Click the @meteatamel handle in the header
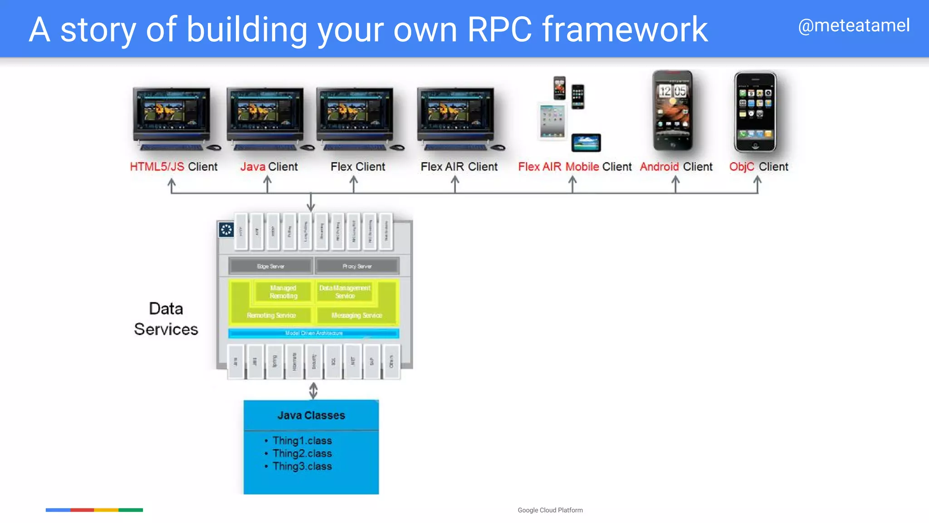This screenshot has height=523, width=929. (853, 25)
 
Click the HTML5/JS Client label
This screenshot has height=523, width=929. (173, 167)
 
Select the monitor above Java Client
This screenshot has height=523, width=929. (265, 116)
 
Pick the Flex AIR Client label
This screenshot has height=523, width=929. (459, 167)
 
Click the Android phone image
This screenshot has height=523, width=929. (673, 111)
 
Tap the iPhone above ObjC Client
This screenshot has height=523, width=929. (755, 112)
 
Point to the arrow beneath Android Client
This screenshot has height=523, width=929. (675, 184)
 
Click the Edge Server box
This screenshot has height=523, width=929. (270, 266)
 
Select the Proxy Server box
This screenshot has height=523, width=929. (357, 266)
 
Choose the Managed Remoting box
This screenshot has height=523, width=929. (283, 292)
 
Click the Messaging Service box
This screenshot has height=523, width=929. (357, 315)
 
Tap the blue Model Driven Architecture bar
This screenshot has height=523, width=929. (313, 333)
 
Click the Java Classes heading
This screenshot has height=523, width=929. (311, 415)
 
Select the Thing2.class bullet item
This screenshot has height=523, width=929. (302, 454)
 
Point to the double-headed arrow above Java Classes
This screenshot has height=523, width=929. (313, 390)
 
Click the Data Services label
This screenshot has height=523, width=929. (166, 319)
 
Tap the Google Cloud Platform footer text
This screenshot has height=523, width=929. (550, 510)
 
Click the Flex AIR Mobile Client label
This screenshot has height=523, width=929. (574, 167)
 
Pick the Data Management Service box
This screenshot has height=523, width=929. (345, 292)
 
